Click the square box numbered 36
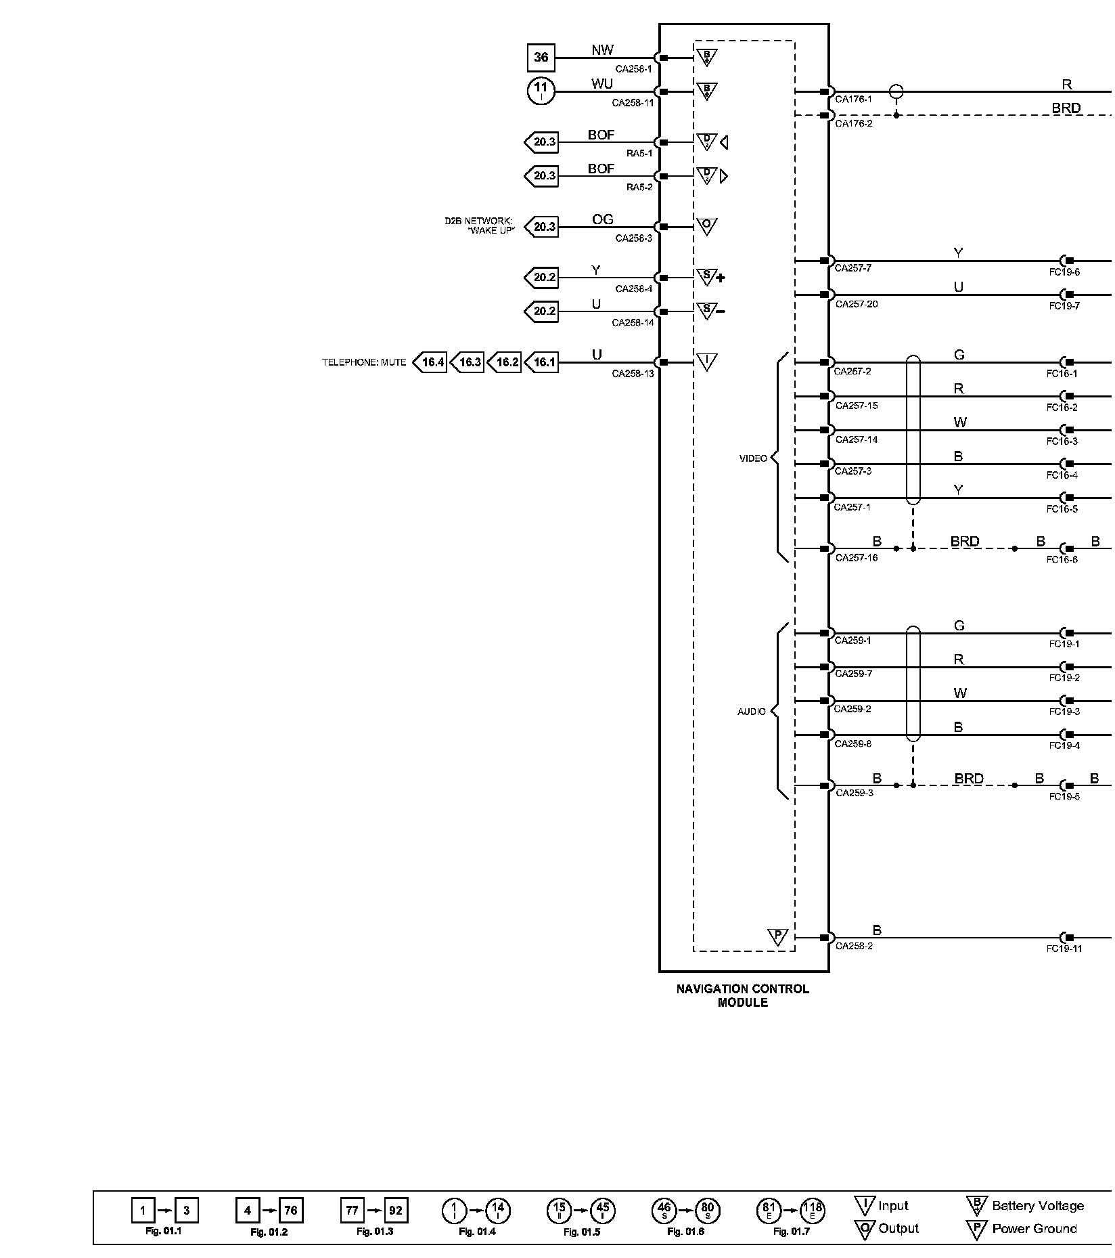click(x=541, y=58)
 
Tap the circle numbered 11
click(x=541, y=91)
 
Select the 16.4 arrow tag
click(x=431, y=362)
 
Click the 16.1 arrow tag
click(x=543, y=362)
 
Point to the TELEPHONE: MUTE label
click(x=364, y=363)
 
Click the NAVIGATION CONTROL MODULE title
click(x=742, y=995)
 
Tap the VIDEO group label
click(x=753, y=458)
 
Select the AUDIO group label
click(x=752, y=712)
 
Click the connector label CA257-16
click(x=856, y=558)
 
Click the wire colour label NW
click(x=602, y=50)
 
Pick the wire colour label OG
click(x=602, y=219)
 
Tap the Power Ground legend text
click(x=1034, y=1229)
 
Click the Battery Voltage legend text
click(x=1037, y=1206)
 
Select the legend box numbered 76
click(x=291, y=1210)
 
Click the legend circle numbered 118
click(x=812, y=1210)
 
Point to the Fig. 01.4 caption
click(x=477, y=1232)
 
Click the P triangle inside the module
click(x=777, y=937)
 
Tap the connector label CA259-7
click(x=853, y=674)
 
